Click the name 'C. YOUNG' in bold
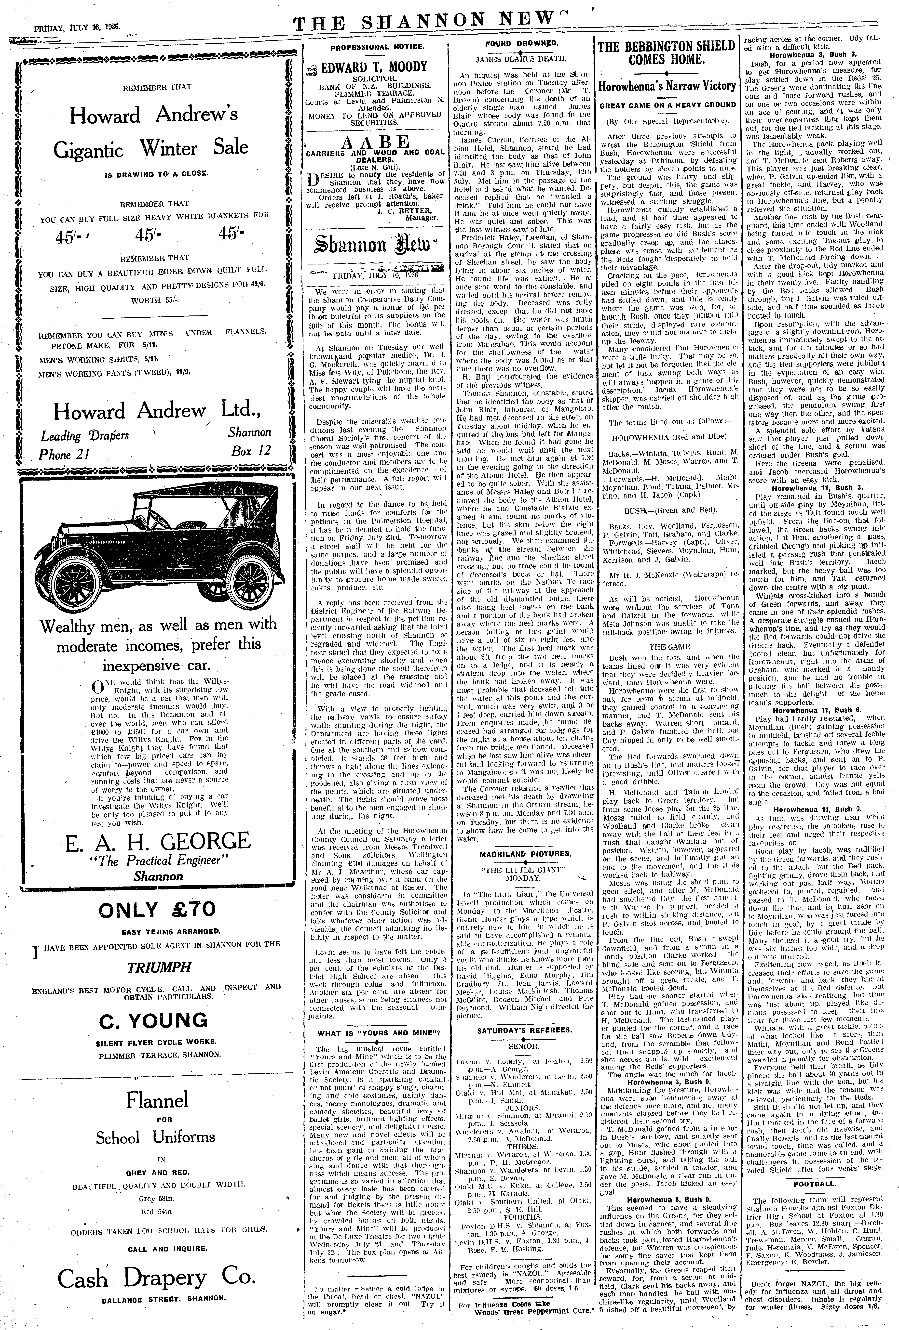coord(153,1020)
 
